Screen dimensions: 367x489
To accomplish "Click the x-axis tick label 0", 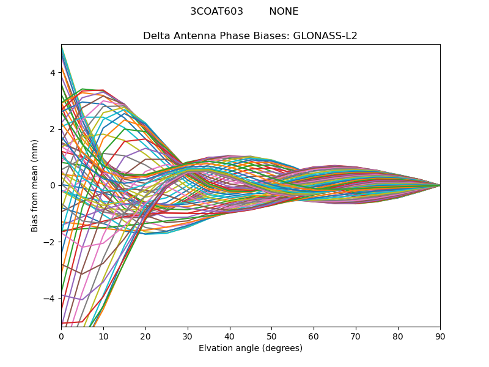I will click(x=61, y=336).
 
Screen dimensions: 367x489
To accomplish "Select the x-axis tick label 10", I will click(x=103, y=336).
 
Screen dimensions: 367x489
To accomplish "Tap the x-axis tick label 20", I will click(x=145, y=336).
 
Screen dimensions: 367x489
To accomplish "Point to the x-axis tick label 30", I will click(x=188, y=336).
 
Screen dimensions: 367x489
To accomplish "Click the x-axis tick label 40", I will click(x=230, y=336).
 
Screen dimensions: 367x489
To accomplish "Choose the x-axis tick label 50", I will click(x=271, y=336).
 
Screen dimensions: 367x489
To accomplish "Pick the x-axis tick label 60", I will click(x=314, y=336).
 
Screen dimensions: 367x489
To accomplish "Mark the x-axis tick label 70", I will click(x=356, y=336).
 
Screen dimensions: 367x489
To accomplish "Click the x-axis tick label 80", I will click(x=398, y=336).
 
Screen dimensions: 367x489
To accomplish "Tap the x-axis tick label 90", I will click(x=440, y=336).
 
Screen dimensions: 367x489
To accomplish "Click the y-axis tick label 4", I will click(x=53, y=73).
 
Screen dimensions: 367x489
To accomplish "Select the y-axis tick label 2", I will click(x=53, y=129).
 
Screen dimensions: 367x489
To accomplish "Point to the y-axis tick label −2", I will click(x=50, y=242).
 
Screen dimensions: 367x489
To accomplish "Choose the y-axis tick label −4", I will click(x=50, y=298).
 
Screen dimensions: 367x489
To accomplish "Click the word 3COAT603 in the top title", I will click(x=216, y=12).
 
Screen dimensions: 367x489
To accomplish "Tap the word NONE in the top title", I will click(x=284, y=12).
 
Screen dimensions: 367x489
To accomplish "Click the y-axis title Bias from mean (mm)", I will click(x=35, y=185).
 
